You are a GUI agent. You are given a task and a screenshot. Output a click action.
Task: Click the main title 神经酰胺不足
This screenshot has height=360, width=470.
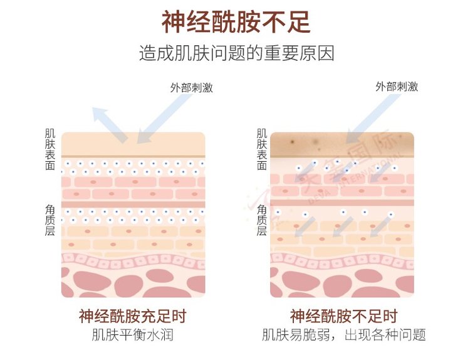click(x=236, y=22)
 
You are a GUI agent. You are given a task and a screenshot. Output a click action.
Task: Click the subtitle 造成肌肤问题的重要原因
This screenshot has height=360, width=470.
click(x=236, y=53)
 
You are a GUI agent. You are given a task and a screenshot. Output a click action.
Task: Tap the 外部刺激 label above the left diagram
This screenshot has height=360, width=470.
click(x=192, y=88)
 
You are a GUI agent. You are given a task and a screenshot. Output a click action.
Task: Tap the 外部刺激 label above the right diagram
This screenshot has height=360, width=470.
click(x=397, y=87)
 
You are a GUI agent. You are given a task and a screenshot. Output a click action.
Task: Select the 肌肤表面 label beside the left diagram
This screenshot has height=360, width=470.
click(x=50, y=149)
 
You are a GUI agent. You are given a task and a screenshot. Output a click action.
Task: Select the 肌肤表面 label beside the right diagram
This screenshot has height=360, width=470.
click(x=262, y=149)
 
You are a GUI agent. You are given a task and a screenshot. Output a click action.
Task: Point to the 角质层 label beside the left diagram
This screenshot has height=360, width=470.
click(x=50, y=220)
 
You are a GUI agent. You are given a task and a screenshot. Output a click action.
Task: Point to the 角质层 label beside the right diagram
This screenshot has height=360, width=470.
click(x=262, y=220)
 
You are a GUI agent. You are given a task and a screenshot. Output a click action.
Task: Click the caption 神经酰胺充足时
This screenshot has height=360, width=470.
click(x=133, y=316)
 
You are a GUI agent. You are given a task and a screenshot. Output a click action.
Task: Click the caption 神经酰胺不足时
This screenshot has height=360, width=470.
click(x=344, y=316)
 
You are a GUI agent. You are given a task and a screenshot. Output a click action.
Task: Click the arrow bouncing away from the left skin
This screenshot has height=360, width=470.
click(x=110, y=125)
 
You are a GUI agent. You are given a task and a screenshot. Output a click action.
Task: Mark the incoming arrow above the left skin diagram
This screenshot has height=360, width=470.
click(x=164, y=119)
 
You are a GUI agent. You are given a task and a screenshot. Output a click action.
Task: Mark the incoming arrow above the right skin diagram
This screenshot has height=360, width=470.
click(x=372, y=119)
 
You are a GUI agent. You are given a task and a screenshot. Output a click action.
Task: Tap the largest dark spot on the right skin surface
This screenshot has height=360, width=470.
click(x=292, y=142)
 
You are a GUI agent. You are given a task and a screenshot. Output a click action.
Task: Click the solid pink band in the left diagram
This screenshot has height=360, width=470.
click(x=133, y=204)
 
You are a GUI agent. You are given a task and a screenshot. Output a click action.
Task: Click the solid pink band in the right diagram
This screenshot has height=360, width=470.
click(x=342, y=203)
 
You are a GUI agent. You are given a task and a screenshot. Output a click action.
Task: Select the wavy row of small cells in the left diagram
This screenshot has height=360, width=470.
click(x=133, y=261)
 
